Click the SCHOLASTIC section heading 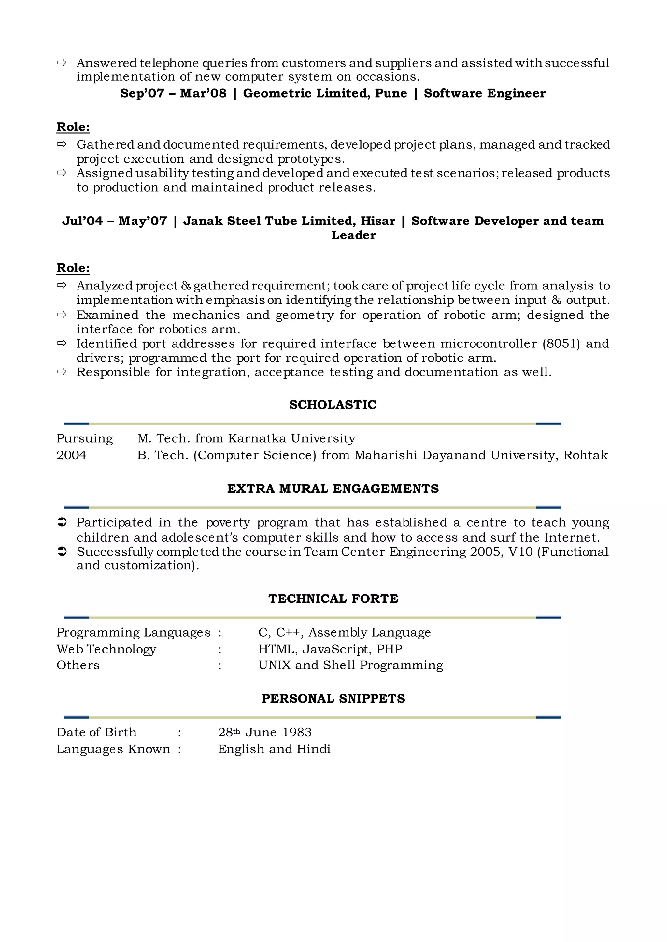(x=333, y=405)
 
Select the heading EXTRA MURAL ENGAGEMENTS (x=333, y=489)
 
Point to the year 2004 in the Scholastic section (x=71, y=455)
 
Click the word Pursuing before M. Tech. (x=85, y=438)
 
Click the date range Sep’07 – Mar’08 (x=173, y=94)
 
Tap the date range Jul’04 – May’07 (x=115, y=221)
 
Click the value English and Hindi (x=274, y=749)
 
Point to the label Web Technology (x=106, y=649)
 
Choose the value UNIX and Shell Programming (x=350, y=665)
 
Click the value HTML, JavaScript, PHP (x=330, y=649)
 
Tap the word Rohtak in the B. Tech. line (x=585, y=455)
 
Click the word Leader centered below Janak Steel (x=353, y=235)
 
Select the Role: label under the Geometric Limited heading (x=73, y=127)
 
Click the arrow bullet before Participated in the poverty (x=62, y=523)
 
